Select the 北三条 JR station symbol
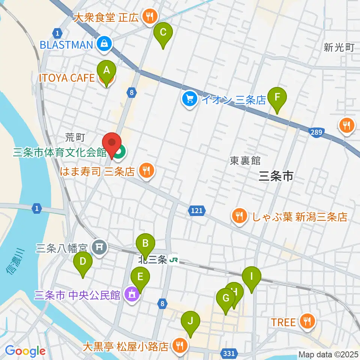pos(173,259)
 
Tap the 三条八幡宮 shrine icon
pos(100,247)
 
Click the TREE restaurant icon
pos(307,321)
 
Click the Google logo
pos(25,351)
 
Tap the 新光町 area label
pos(339,47)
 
